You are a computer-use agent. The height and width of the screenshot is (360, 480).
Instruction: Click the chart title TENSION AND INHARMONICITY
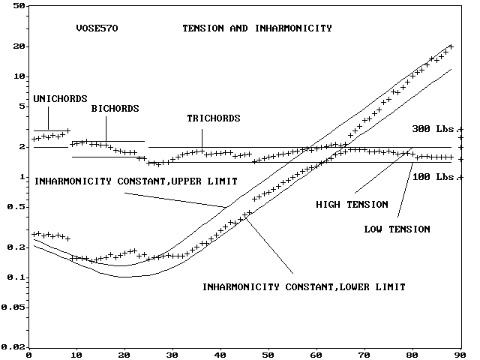click(x=257, y=28)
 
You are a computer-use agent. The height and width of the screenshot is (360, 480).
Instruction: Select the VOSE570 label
click(x=97, y=28)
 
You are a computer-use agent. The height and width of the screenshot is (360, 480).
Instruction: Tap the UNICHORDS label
click(x=61, y=98)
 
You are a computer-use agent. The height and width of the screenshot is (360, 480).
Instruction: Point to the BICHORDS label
click(x=115, y=109)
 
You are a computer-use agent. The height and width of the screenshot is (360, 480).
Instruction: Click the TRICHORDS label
click(x=214, y=118)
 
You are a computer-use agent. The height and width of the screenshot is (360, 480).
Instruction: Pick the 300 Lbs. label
click(x=433, y=129)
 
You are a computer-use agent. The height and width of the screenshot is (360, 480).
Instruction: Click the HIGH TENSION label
click(x=352, y=204)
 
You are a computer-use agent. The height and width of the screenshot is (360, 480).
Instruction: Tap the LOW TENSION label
click(x=397, y=229)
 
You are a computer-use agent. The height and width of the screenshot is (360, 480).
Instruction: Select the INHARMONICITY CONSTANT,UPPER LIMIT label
click(x=136, y=181)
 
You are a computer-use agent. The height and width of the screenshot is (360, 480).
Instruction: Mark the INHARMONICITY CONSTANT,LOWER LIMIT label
click(x=304, y=287)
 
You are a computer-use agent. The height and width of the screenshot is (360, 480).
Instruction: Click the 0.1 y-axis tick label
click(x=17, y=277)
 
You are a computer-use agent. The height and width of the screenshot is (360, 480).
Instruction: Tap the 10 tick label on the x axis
click(x=76, y=355)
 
